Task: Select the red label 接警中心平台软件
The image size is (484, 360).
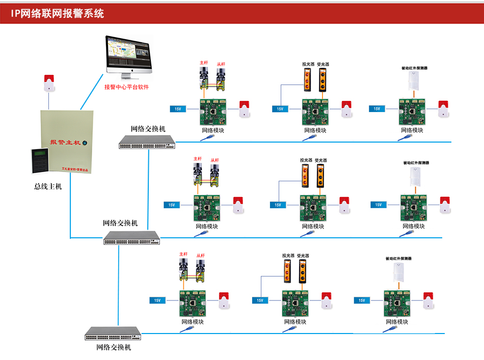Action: pos(127,87)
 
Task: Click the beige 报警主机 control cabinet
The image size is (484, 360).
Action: pos(67,140)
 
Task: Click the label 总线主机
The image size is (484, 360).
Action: pos(48,186)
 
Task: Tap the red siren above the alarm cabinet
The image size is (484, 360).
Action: pos(49,82)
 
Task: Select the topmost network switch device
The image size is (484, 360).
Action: pos(147,142)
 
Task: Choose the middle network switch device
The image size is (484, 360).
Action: pos(131,237)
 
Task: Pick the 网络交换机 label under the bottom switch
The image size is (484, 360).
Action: pos(114,347)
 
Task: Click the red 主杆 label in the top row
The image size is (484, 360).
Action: pos(204,63)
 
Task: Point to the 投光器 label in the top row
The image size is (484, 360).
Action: pos(307,65)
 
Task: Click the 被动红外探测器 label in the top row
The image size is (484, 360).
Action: pos(415,68)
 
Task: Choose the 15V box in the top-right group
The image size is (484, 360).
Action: pos(377,108)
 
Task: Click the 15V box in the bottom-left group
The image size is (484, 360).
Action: pos(157,300)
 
